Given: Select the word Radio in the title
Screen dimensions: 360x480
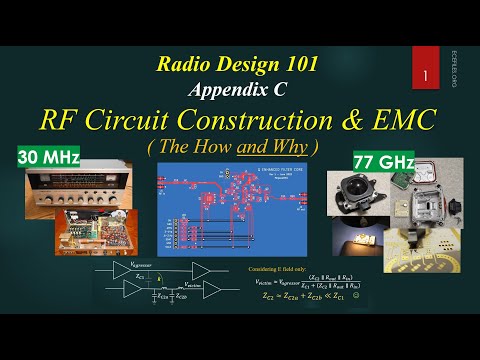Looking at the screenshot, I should [x=188, y=64].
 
